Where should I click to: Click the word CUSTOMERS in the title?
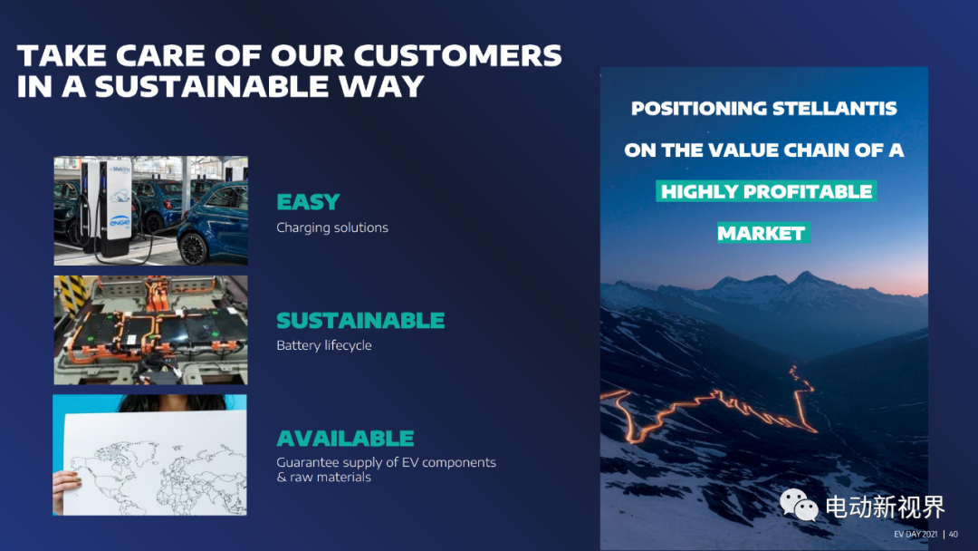pos(458,55)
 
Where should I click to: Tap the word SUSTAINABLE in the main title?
pos(211,86)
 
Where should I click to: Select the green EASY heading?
pos(308,202)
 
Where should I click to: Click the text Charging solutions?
pos(332,227)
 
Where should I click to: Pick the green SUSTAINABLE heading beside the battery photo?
pos(360,321)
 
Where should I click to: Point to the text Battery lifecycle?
pos(323,345)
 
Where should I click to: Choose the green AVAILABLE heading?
pos(345,439)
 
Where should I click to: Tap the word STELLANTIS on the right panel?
pos(835,109)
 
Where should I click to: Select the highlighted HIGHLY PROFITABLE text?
pos(767,191)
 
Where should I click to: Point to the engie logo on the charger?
pos(120,221)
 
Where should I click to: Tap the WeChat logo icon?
pos(799,505)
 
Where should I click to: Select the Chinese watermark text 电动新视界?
pos(886,507)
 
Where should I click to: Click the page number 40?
pos(953,534)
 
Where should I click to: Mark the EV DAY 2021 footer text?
pos(916,534)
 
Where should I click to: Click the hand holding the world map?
pos(66,490)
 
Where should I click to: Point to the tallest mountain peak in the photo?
pos(807,275)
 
